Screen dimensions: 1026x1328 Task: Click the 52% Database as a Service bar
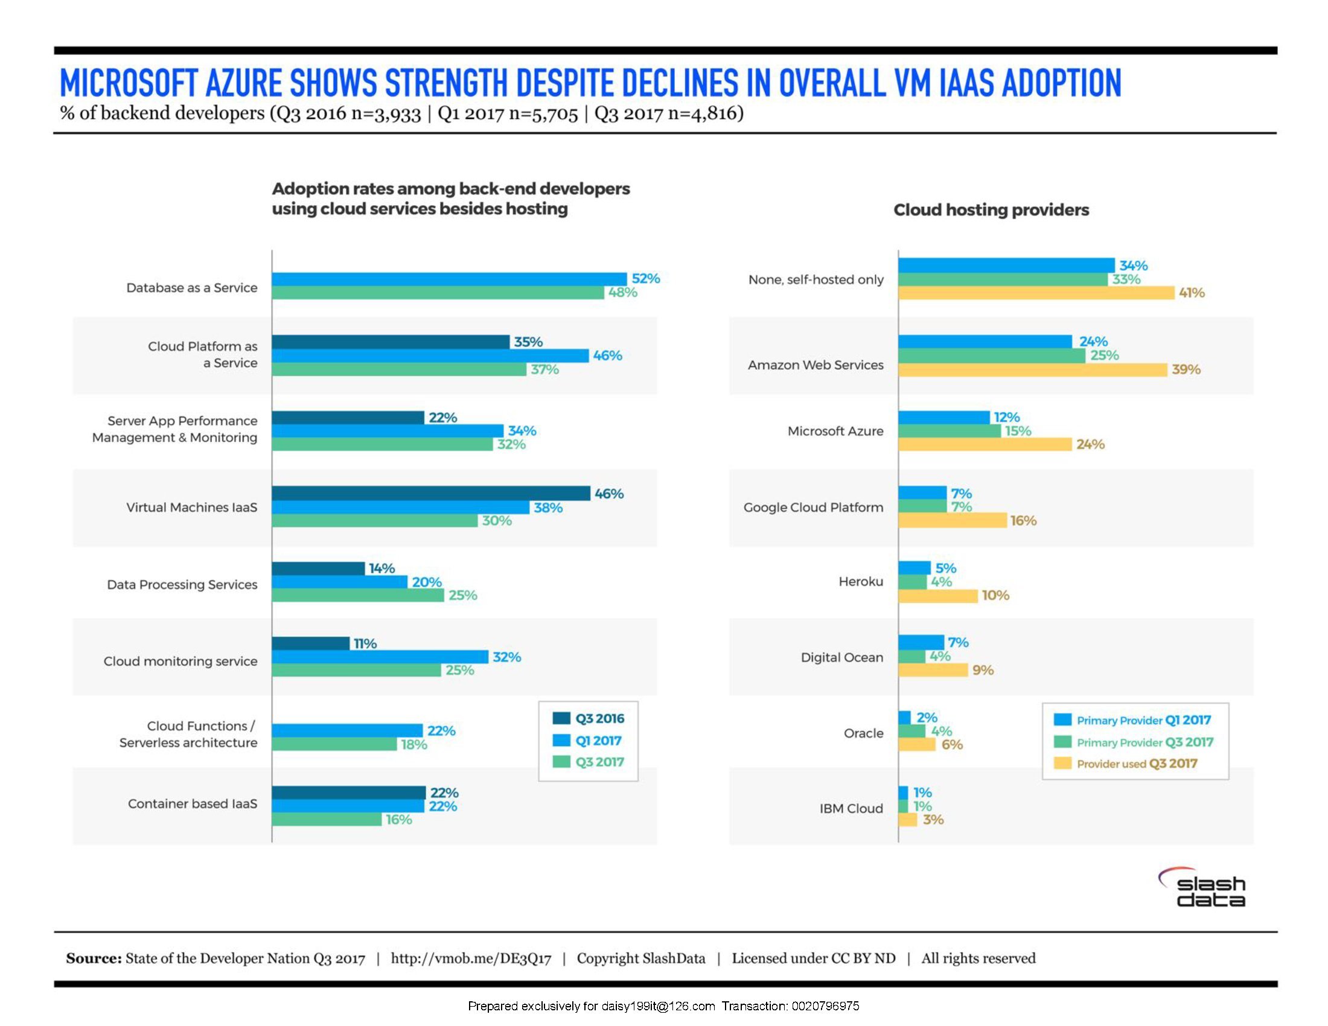tap(449, 279)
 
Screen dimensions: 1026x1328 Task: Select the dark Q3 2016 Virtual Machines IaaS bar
tap(430, 494)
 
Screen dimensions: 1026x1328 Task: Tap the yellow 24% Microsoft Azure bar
tap(985, 444)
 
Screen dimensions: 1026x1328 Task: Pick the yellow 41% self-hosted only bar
tap(1036, 293)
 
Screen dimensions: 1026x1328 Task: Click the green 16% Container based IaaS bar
tap(327, 820)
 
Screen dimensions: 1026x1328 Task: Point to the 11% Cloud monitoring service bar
tap(310, 643)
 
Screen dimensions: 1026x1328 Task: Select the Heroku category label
tap(860, 582)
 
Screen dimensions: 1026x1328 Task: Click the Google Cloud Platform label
tap(813, 508)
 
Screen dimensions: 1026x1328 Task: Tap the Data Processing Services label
tap(182, 585)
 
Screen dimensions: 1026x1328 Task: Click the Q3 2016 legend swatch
tap(561, 718)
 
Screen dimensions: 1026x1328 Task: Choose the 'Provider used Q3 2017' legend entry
tap(1136, 764)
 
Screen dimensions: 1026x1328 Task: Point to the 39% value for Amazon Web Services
tap(1186, 369)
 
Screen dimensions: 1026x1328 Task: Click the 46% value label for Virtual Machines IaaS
tap(608, 494)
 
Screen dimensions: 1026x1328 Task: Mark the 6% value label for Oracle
tap(951, 745)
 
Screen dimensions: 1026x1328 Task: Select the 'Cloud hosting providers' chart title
tap(991, 210)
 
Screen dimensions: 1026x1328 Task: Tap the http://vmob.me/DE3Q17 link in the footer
tap(471, 958)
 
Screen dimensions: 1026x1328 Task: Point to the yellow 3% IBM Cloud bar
tap(907, 820)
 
